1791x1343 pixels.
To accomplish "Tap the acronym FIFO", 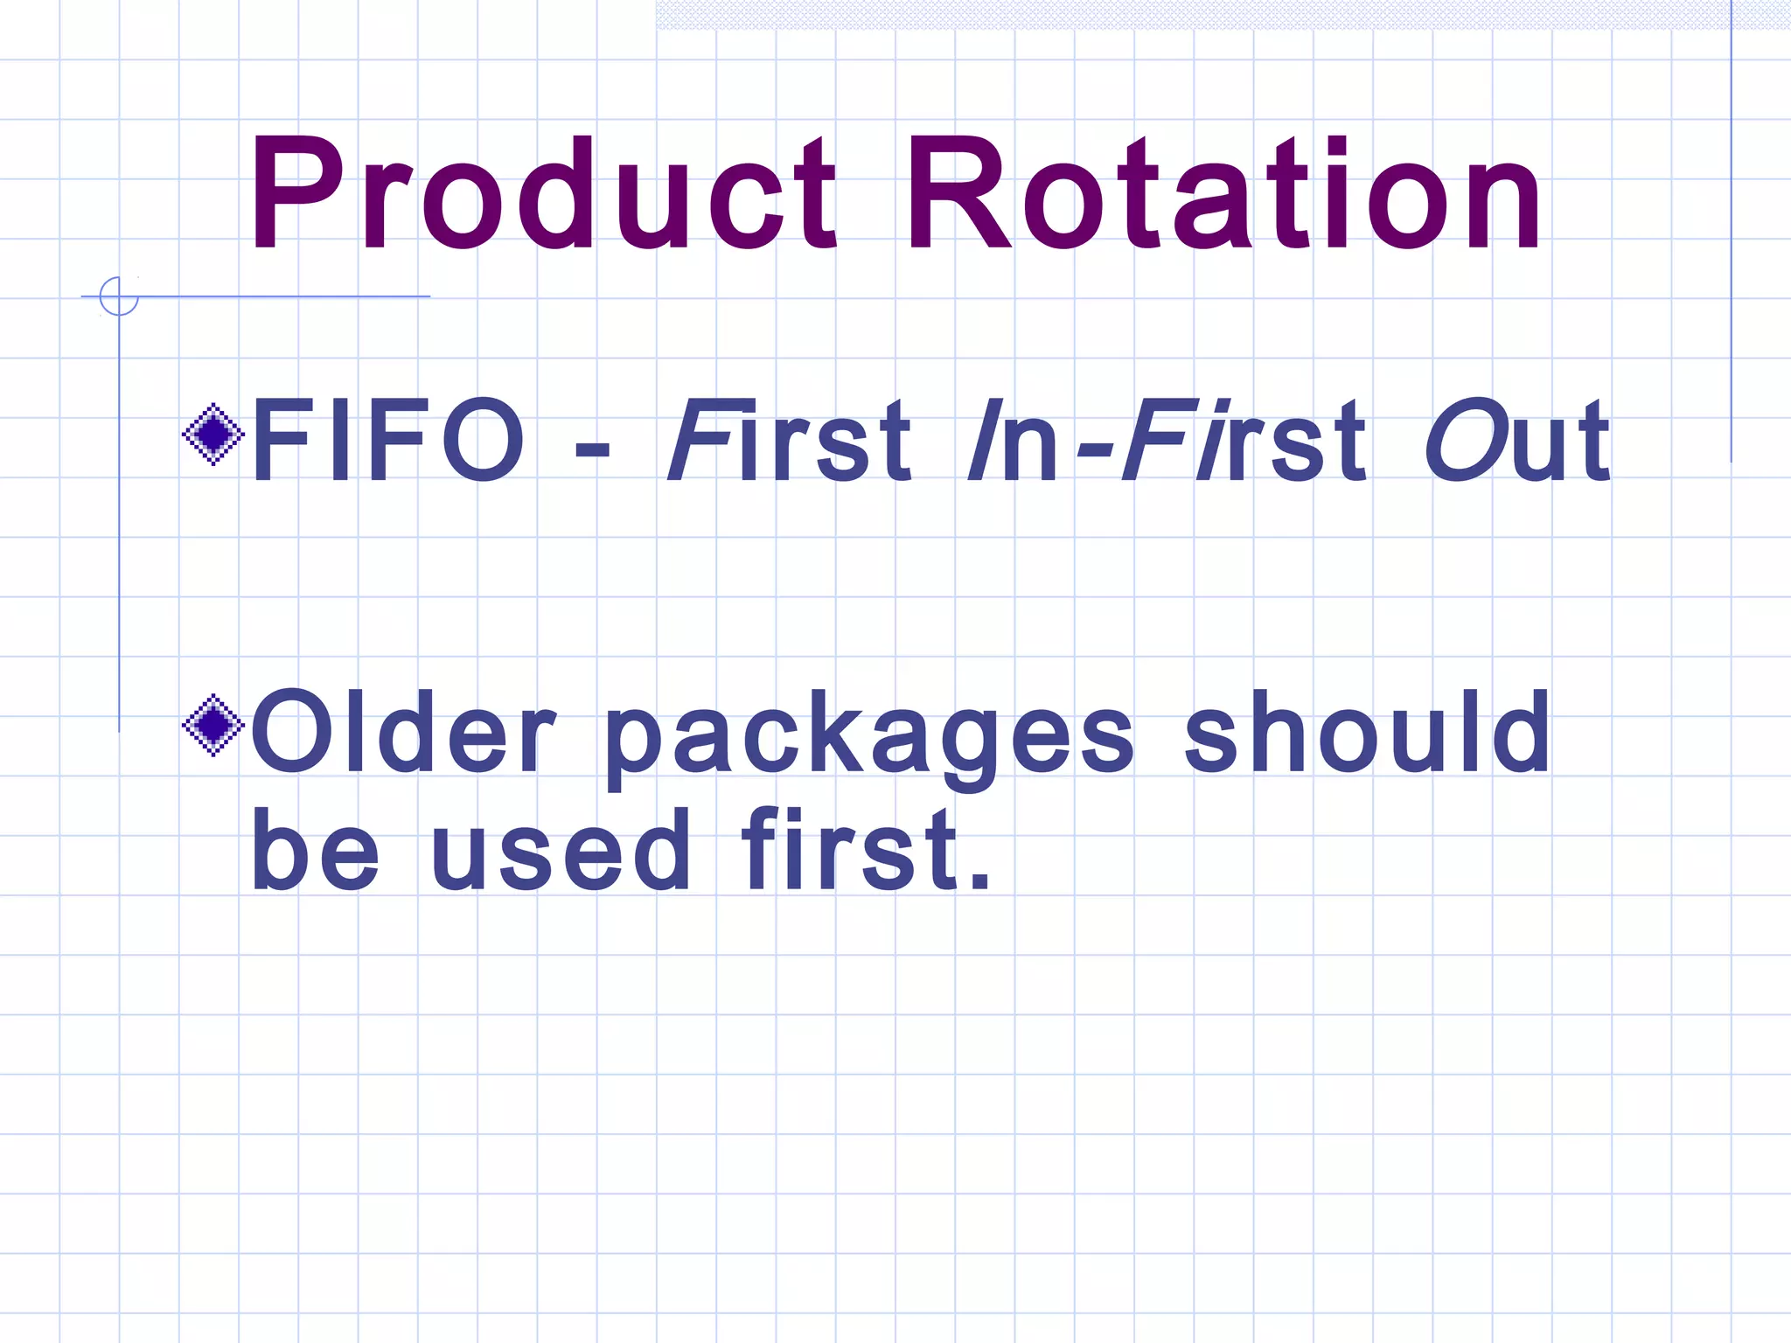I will (x=388, y=440).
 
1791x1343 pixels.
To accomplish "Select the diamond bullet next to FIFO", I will (x=213, y=434).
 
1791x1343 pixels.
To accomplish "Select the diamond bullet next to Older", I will (x=213, y=725).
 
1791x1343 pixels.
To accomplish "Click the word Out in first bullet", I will (x=1516, y=440).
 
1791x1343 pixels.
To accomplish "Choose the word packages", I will (x=869, y=739).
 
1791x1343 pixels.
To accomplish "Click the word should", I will (x=1368, y=733).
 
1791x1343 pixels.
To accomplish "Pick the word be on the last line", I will (x=315, y=851).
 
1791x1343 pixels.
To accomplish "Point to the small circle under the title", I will (x=119, y=296).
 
